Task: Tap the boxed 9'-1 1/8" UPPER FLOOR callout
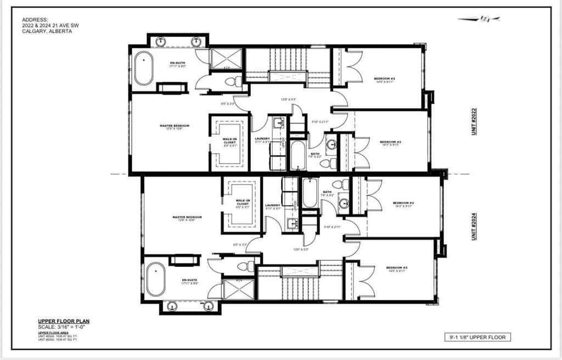pyautogui.click(x=476, y=337)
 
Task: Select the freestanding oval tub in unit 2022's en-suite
pyautogui.click(x=144, y=68)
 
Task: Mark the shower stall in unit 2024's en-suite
pyautogui.click(x=238, y=289)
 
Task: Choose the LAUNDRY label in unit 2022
pyautogui.click(x=262, y=139)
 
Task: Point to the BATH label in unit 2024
pyautogui.click(x=328, y=192)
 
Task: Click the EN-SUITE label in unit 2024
pyautogui.click(x=189, y=280)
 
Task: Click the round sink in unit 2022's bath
pyautogui.click(x=331, y=144)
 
